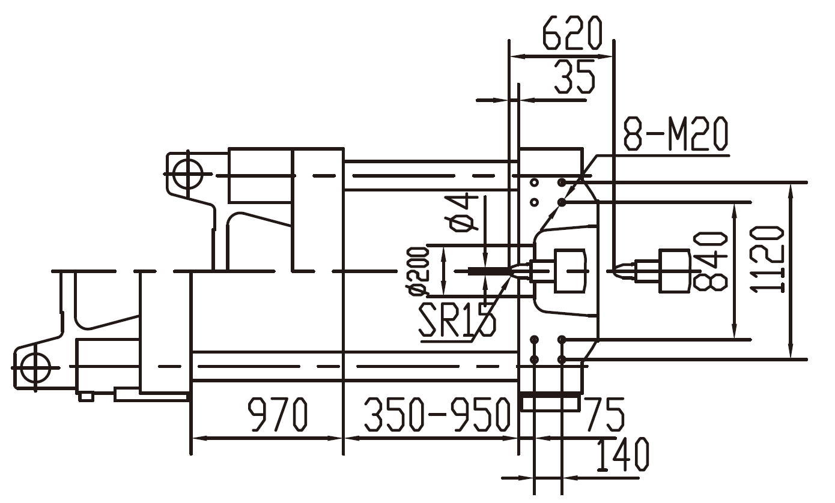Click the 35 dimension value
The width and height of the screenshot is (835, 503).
pyautogui.click(x=574, y=77)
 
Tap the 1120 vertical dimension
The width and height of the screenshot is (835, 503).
pyautogui.click(x=768, y=259)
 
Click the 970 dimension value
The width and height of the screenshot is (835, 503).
pyautogui.click(x=278, y=414)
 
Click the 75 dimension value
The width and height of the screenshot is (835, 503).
pyautogui.click(x=604, y=414)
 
